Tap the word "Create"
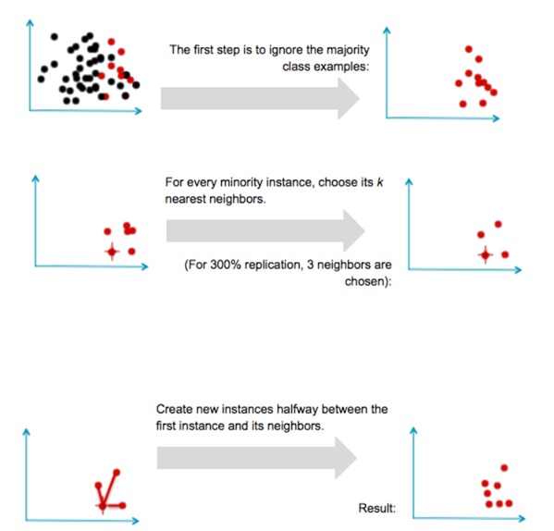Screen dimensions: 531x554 pyautogui.click(x=174, y=409)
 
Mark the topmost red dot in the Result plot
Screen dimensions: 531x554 pyautogui.click(x=504, y=467)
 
